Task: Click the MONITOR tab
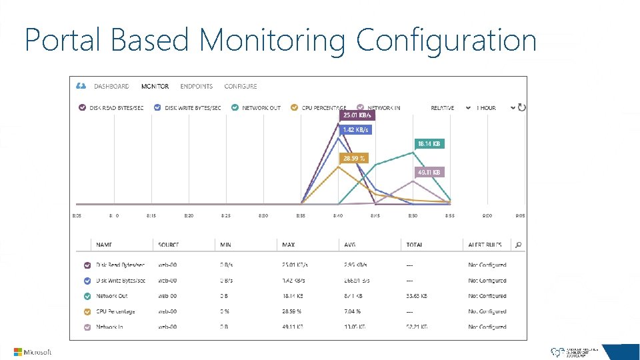point(155,87)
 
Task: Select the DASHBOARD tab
point(111,87)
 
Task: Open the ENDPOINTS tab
point(197,87)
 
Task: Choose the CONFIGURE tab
point(241,87)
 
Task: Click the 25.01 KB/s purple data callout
point(357,115)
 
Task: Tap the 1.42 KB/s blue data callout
point(355,130)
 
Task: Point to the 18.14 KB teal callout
point(429,143)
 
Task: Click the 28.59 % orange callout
point(354,159)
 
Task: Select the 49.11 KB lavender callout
point(429,172)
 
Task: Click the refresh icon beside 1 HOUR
point(522,107)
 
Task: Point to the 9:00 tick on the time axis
point(487,215)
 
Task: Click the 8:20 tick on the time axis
point(189,215)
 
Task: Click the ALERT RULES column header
point(485,245)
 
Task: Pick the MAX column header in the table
point(289,245)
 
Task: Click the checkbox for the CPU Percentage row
point(87,311)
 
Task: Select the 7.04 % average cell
point(353,311)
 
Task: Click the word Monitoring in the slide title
point(273,40)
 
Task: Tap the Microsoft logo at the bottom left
point(33,351)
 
